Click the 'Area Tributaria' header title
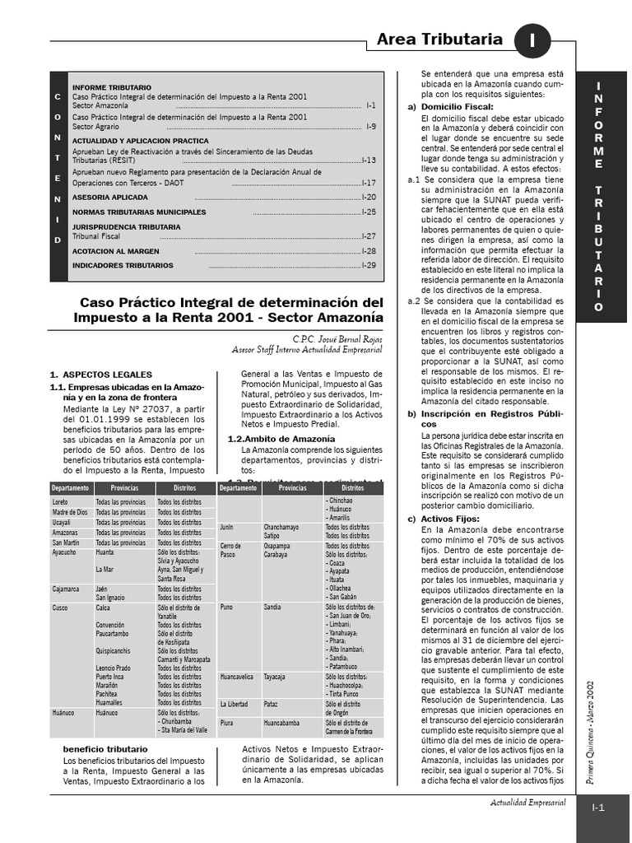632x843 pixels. click(439, 40)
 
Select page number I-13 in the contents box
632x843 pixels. click(369, 160)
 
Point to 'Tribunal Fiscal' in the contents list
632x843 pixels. click(96, 235)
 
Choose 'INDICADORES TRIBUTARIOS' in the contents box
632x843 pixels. click(123, 266)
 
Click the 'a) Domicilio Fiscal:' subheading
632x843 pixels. click(451, 107)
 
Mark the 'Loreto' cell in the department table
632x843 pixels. click(60, 501)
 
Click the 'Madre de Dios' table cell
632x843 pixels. click(69, 512)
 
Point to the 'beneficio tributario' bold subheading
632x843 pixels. click(105, 749)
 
